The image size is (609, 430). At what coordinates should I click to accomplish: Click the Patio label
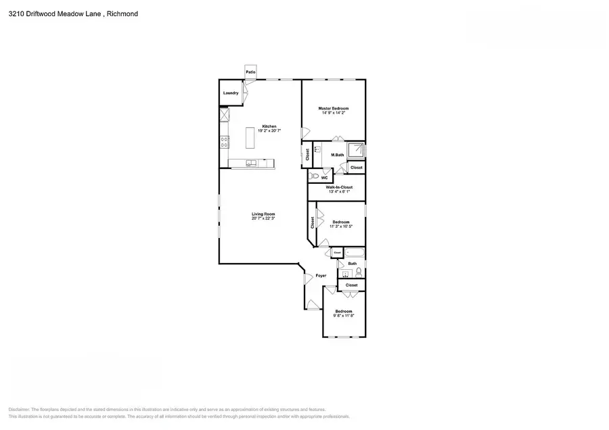point(250,72)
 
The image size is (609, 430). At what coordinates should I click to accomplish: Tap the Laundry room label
point(231,93)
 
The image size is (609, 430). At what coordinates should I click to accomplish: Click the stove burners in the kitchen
point(224,141)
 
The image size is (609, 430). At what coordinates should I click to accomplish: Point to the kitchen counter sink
point(250,163)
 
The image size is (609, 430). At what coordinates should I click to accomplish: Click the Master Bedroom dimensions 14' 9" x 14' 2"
point(333,113)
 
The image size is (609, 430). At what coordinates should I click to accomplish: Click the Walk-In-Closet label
point(339,187)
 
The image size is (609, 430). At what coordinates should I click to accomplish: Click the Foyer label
point(321,275)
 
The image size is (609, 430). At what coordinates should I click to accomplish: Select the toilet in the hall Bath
point(359,272)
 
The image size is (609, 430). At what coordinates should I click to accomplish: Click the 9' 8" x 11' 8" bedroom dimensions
point(343,316)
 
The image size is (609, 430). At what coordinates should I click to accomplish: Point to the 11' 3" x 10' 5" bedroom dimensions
point(340,226)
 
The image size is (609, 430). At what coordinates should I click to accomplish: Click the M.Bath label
point(337,156)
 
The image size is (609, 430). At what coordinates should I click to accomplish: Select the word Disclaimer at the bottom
point(20,410)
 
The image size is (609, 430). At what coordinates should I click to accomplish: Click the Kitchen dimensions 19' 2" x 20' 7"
point(269,130)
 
